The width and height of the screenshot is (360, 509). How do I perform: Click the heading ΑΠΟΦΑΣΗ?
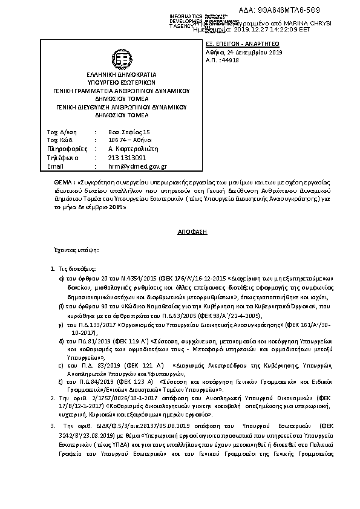pos(180,232)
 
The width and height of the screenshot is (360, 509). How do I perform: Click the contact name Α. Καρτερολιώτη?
pos(132,149)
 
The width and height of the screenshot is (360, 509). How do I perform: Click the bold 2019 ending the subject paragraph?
pos(117,206)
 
